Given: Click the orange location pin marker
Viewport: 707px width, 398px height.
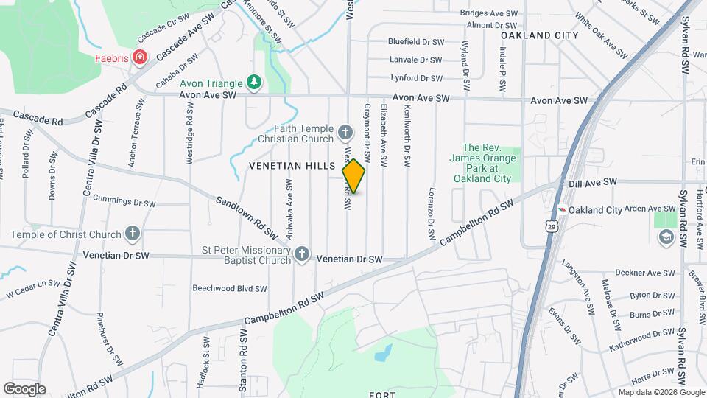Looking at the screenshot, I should pyautogui.click(x=354, y=175).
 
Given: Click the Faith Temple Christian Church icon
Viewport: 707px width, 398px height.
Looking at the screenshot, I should pyautogui.click(x=345, y=133).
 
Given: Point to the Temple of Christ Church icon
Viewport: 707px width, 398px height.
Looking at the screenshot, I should pyautogui.click(x=133, y=234).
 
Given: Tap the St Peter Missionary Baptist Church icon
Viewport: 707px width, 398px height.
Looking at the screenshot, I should pyautogui.click(x=302, y=254).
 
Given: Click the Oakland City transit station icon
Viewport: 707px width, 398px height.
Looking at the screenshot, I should pyautogui.click(x=562, y=210).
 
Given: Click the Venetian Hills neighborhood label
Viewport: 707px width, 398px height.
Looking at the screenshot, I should pyautogui.click(x=292, y=166).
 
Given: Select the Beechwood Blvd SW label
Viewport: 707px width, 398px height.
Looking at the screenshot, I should pyautogui.click(x=230, y=288).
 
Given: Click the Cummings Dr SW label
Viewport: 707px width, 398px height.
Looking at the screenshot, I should pyautogui.click(x=124, y=201).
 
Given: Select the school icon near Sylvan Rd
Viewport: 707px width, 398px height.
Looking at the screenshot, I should pyautogui.click(x=666, y=237).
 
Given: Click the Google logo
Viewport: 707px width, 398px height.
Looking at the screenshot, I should pyautogui.click(x=24, y=388).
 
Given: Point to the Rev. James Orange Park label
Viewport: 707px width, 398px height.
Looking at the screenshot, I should pyautogui.click(x=482, y=163).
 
